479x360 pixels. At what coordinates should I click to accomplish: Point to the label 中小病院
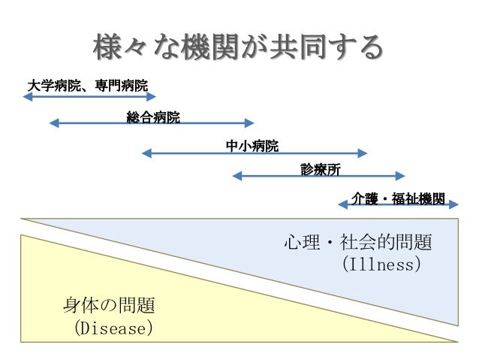252,144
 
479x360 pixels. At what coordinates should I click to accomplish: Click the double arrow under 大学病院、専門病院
89,95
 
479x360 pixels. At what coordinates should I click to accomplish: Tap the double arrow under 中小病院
255,153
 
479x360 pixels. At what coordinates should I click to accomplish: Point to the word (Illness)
380,265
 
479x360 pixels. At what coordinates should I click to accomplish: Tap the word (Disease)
113,328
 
